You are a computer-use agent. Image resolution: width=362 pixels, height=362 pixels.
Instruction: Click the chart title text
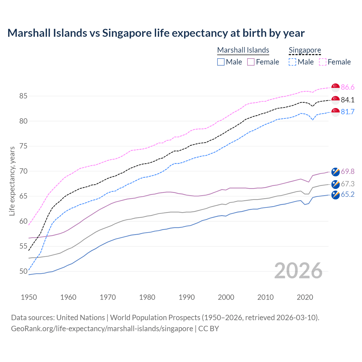(156, 33)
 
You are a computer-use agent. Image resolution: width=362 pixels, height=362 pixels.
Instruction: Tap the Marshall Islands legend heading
(243, 50)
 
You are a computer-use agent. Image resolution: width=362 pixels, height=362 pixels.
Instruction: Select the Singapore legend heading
(305, 50)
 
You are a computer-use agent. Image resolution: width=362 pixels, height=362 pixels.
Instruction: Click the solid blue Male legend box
(221, 62)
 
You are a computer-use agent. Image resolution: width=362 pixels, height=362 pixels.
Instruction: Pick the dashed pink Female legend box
(323, 62)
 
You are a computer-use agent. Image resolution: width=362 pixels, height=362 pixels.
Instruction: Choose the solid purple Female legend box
(251, 62)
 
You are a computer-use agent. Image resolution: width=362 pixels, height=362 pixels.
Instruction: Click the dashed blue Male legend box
(292, 62)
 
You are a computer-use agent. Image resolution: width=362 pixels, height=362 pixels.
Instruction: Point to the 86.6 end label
(348, 87)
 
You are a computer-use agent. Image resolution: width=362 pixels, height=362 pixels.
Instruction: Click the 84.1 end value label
(348, 100)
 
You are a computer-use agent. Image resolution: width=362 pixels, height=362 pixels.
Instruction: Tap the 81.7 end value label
(348, 112)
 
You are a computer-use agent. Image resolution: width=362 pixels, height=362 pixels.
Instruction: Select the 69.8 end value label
(348, 171)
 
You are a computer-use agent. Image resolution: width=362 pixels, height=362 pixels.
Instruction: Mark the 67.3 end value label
(348, 184)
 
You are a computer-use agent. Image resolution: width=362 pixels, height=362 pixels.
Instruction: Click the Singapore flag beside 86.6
(335, 87)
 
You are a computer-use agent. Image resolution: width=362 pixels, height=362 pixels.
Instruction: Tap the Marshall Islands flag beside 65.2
(335, 195)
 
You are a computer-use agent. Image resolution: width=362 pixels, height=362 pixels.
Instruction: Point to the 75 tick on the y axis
(23, 146)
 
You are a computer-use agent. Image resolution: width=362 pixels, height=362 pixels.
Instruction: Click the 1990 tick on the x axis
(187, 297)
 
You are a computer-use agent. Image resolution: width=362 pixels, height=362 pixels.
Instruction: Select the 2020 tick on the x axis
(305, 297)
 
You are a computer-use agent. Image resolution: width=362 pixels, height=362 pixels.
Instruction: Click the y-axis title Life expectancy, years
(12, 181)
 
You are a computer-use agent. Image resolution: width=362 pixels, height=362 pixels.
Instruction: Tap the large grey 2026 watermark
(298, 271)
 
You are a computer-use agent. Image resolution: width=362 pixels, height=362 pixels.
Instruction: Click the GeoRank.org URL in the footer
(102, 329)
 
